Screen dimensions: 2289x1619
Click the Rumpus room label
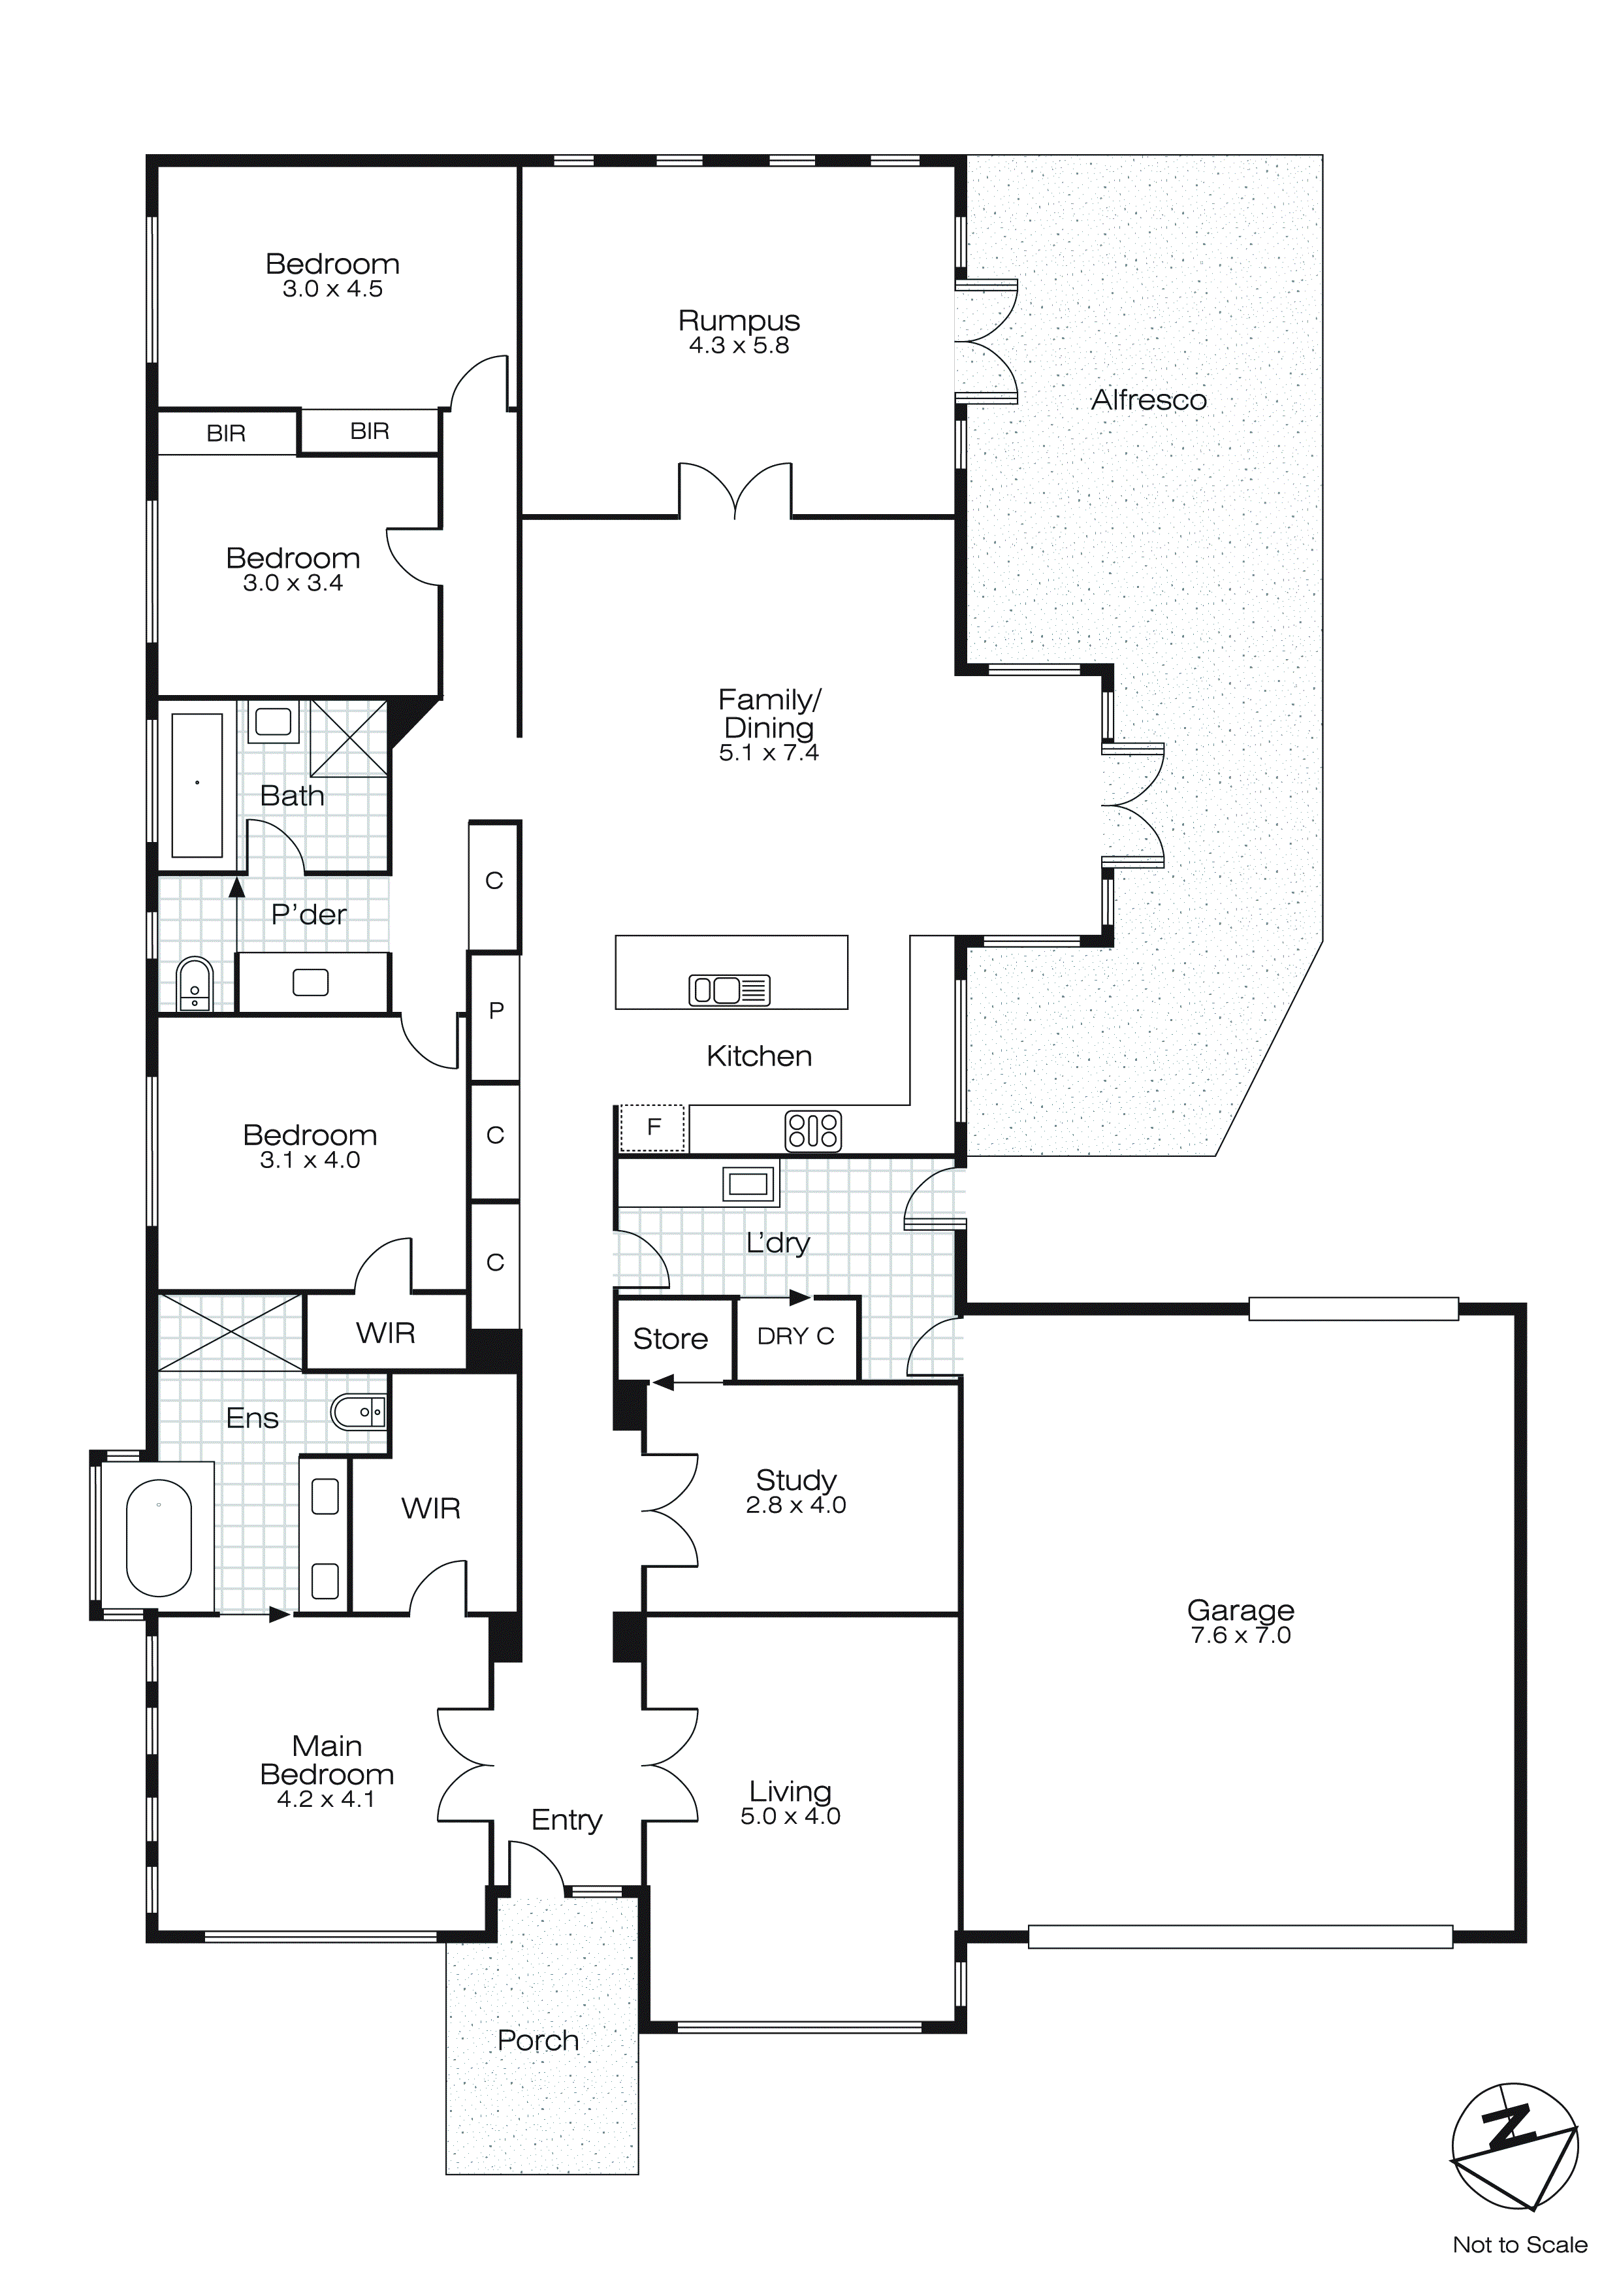click(739, 320)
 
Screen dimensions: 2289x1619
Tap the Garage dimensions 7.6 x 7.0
click(1240, 1635)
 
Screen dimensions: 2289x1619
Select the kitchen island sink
click(729, 990)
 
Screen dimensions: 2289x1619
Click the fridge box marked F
click(653, 1128)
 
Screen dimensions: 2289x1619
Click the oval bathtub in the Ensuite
click(159, 1537)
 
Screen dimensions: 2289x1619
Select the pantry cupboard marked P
click(496, 1011)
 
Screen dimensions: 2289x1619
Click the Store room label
click(670, 1339)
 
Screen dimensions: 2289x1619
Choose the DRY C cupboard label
click(795, 1336)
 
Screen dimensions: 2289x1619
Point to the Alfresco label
click(1149, 400)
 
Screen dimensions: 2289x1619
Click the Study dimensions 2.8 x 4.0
click(795, 1504)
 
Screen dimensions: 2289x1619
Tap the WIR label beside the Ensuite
click(430, 1508)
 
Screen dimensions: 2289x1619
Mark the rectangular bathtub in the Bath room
click(197, 785)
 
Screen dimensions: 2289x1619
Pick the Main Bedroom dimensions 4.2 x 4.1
click(326, 1800)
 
